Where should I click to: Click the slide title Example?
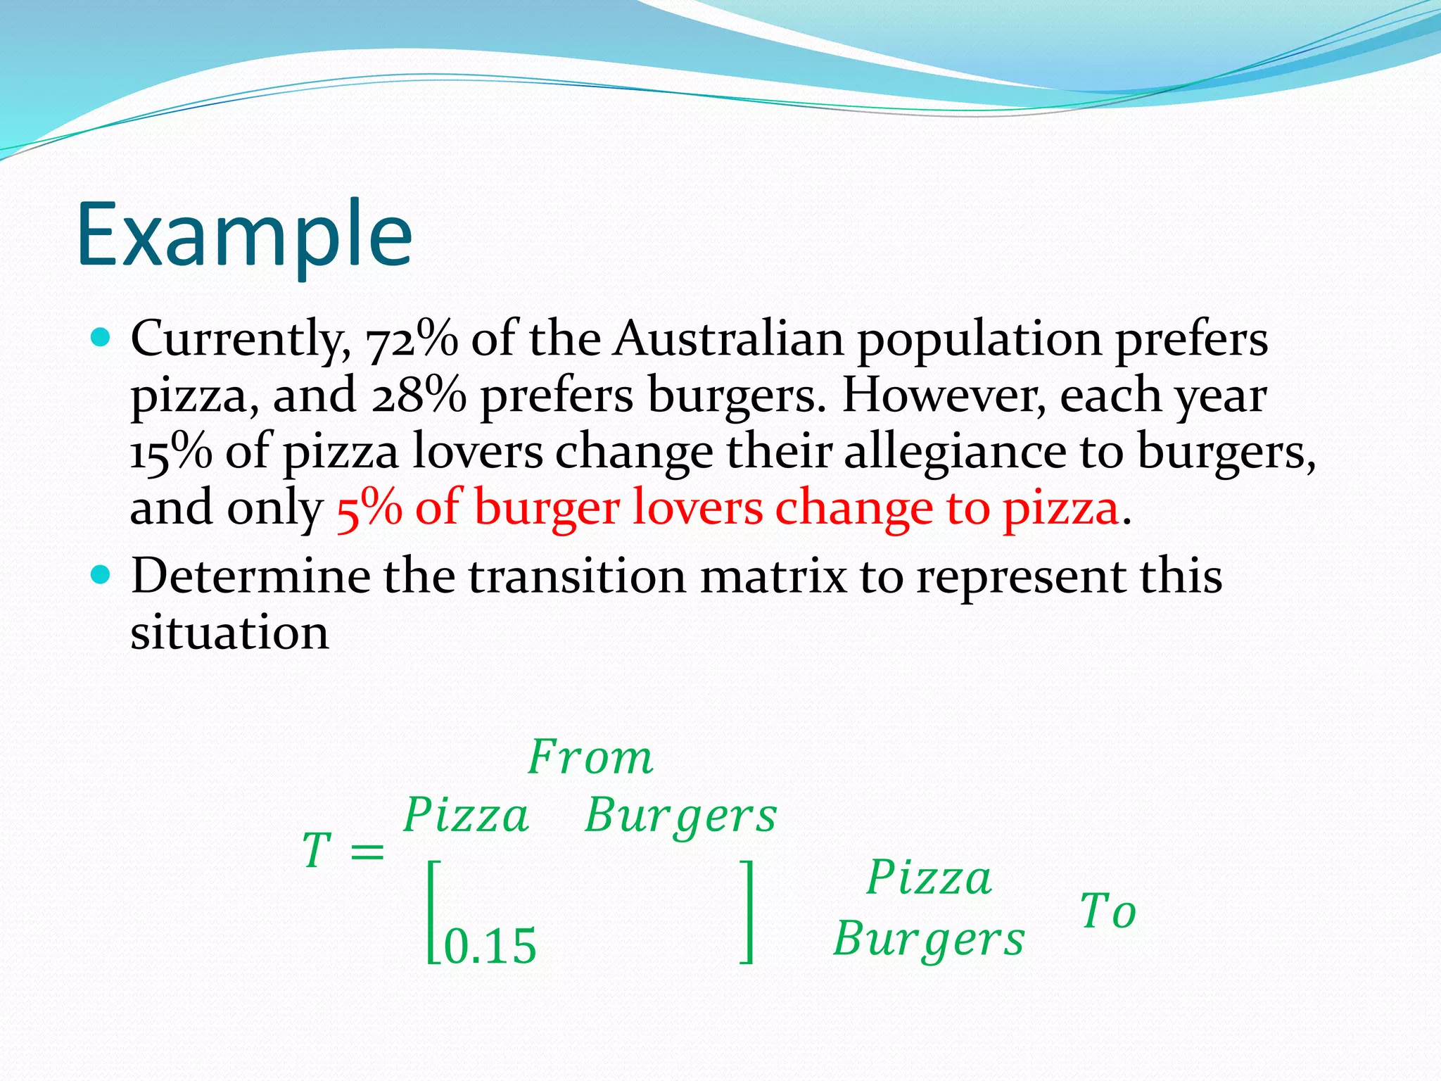tap(244, 235)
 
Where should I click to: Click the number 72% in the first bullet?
tap(412, 340)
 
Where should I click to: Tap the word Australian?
tap(728, 339)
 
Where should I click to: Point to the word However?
tap(944, 395)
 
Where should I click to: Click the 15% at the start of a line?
tap(171, 451)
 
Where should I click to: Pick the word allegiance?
tap(955, 453)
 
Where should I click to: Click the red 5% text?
tap(369, 508)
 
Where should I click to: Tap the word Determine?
tap(250, 576)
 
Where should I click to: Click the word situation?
tap(229, 633)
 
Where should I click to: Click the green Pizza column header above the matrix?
tap(466, 816)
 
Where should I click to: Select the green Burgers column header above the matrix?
tap(680, 817)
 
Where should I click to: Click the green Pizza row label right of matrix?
tap(929, 878)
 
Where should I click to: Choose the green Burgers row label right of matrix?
tap(929, 940)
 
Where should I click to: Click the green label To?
tap(1108, 911)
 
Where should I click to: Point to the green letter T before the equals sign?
tap(317, 850)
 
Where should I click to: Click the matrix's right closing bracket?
tap(748, 911)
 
